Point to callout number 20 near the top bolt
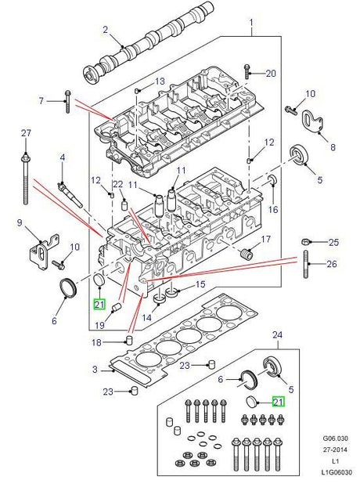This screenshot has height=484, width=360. point(271,74)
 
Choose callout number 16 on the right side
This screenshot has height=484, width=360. point(273,209)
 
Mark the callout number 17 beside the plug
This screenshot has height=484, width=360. point(266,239)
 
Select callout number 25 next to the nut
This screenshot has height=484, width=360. point(333,241)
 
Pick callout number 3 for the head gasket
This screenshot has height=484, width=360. point(95,370)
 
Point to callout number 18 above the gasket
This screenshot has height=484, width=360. point(97,343)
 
